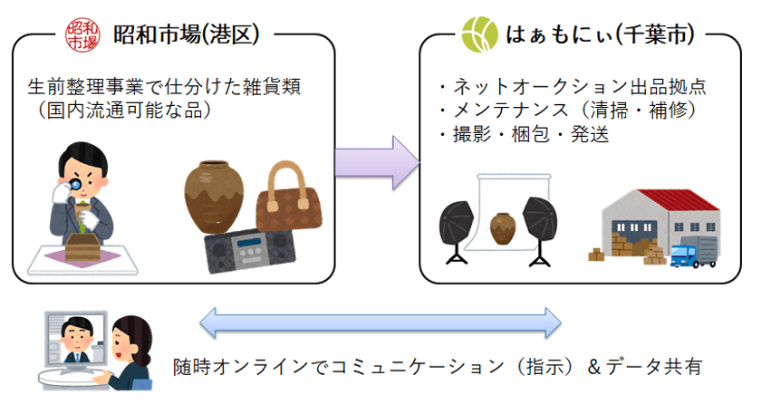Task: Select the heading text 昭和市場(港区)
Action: coord(187,34)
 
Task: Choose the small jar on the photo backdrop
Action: coord(502,227)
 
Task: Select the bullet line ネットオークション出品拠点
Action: coord(571,87)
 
